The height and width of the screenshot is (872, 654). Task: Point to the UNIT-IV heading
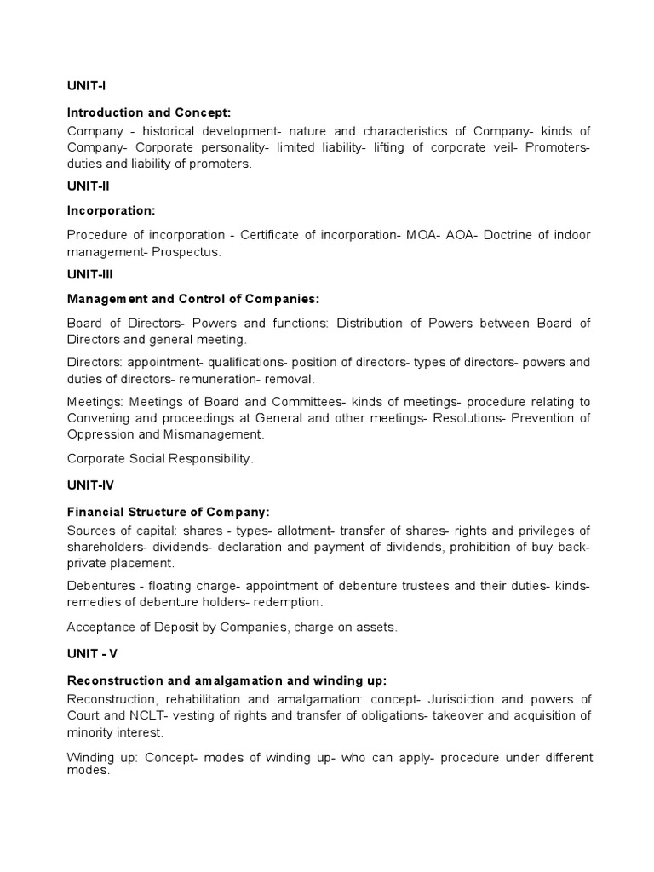[x=89, y=485]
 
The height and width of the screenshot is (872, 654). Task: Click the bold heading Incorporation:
[x=111, y=209]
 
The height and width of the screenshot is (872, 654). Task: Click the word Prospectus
[x=192, y=252]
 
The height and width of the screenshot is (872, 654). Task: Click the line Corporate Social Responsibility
[x=160, y=458]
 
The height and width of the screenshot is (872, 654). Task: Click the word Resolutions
[x=468, y=418]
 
